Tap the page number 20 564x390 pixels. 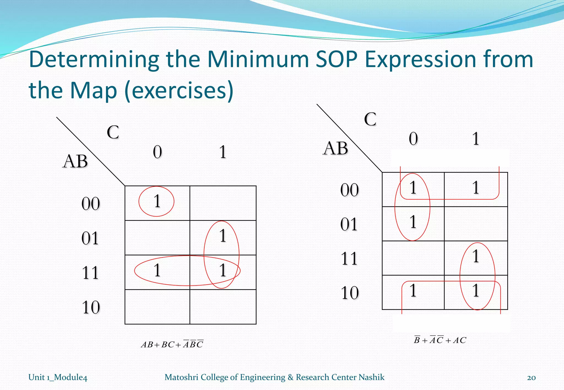(x=531, y=377)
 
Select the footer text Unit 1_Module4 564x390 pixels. (x=58, y=377)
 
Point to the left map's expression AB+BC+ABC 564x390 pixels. (x=172, y=344)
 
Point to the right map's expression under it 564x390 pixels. (x=440, y=340)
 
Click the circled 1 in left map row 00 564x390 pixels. (x=157, y=201)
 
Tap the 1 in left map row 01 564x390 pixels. (x=223, y=236)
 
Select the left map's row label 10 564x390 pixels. (x=91, y=307)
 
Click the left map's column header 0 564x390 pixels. (x=158, y=152)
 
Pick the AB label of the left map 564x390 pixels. (x=75, y=161)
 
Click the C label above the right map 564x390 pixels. (x=370, y=119)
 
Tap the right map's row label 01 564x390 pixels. (x=349, y=224)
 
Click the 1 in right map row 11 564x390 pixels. (x=476, y=256)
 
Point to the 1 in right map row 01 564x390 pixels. (x=413, y=222)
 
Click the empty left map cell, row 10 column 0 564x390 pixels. (x=157, y=307)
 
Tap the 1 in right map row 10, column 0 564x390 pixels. (x=413, y=290)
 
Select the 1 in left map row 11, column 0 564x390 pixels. (x=157, y=270)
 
